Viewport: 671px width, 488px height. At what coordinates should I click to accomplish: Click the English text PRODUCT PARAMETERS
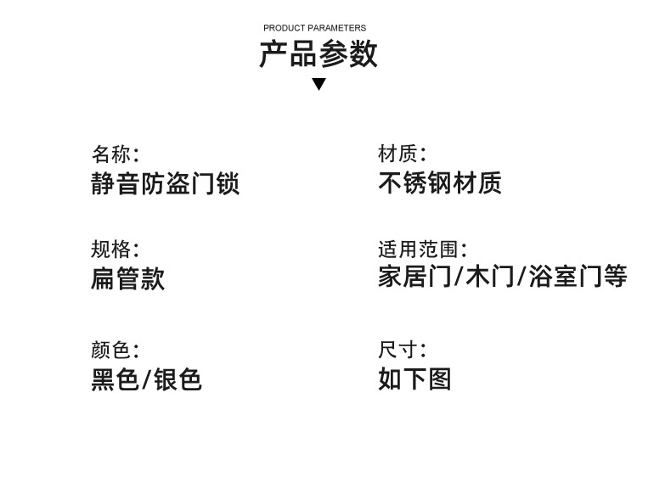coord(314,28)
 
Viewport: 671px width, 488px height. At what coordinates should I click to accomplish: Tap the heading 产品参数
coord(319,53)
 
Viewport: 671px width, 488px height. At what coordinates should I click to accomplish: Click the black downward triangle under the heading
coord(319,84)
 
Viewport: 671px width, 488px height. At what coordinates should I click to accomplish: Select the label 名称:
coord(116,154)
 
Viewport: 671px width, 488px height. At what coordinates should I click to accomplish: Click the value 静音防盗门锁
coord(165,183)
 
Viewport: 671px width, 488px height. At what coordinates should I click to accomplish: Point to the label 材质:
coord(402,154)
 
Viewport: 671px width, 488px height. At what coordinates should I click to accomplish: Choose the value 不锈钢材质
coord(440,182)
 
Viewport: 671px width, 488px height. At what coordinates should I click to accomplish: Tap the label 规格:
coord(116,249)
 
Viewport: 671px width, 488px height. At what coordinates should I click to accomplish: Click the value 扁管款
coord(128,278)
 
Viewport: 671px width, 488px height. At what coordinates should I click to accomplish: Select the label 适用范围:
coord(422,250)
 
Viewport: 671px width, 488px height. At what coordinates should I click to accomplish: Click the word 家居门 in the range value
coord(414,277)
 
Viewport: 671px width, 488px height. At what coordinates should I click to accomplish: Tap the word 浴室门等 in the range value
coord(578,277)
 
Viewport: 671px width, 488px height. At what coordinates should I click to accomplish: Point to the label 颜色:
coord(116,350)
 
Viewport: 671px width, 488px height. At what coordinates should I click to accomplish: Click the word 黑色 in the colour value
coord(115,379)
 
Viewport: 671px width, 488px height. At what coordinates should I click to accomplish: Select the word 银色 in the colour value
coord(178,379)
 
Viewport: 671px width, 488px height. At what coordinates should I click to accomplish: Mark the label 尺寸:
coord(402,350)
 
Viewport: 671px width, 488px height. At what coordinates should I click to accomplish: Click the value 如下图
coord(414,379)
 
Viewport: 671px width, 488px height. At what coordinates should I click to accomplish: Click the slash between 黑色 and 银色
coord(146,379)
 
